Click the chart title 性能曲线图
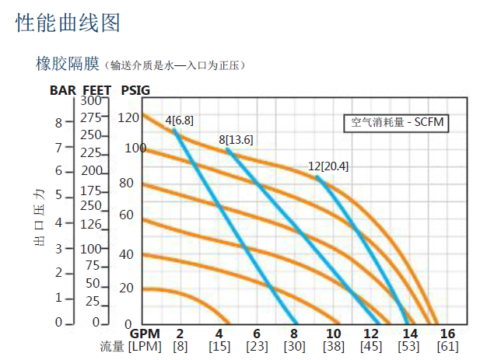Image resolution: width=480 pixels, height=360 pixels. coord(68,23)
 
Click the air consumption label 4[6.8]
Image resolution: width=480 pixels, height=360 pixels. coord(179,121)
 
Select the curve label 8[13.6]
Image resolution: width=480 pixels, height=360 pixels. coord(235,140)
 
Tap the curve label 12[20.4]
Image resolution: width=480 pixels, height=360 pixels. coord(328,166)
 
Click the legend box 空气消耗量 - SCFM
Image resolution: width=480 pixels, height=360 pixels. coord(397,122)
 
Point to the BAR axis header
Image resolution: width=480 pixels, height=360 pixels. coord(62,90)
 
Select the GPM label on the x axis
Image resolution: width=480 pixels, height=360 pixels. coord(144,333)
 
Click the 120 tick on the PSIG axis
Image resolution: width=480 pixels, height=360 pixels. coord(128,117)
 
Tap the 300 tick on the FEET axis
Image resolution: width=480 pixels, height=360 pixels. coord(91,100)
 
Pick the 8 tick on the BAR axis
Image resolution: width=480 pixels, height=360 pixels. coord(58,122)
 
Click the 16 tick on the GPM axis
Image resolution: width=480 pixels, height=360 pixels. coord(447,333)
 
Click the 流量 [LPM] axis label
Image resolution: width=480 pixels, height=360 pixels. coord(131,346)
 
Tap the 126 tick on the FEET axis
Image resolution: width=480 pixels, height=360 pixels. coord(91,225)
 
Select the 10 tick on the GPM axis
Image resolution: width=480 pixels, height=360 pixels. coord(333,333)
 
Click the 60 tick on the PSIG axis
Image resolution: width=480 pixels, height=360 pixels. coord(127,215)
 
